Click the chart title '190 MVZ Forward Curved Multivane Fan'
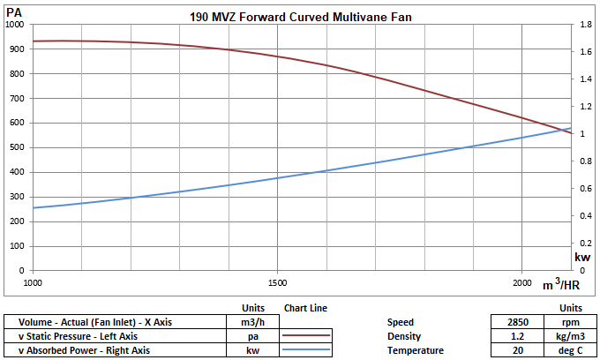tap(300, 17)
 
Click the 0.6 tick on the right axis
tap(584, 189)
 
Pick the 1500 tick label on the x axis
tap(277, 283)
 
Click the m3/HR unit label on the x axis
tap(560, 284)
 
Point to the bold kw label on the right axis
tap(582, 258)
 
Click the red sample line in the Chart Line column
tap(306, 336)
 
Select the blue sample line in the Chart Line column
tap(306, 350)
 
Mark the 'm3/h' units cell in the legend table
tap(252, 322)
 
